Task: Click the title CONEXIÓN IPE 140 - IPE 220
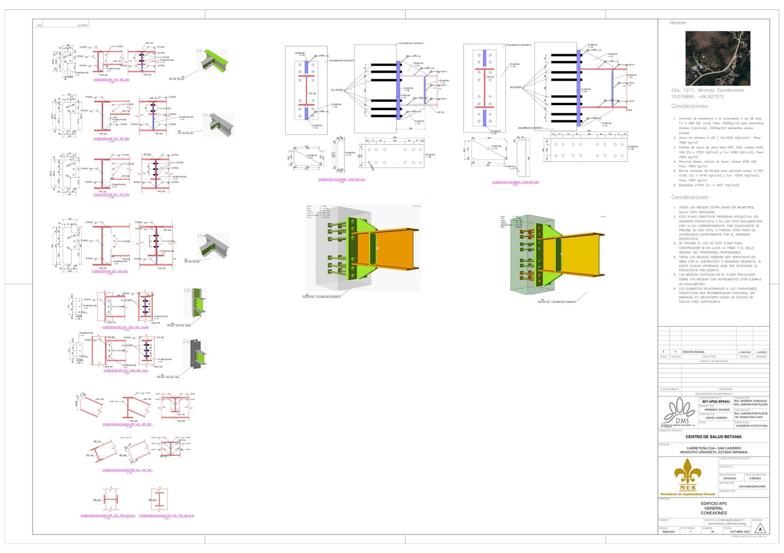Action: [111, 80]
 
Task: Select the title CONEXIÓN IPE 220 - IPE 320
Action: [111, 195]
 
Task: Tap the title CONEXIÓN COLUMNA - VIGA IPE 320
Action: [342, 180]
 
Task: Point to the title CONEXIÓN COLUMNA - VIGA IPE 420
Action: [515, 182]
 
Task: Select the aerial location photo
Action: [717, 58]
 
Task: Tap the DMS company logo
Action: [678, 412]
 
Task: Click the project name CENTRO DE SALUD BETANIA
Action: [713, 437]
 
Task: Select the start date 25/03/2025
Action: [730, 479]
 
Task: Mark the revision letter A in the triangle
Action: [760, 530]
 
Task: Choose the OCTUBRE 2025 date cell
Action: [740, 531]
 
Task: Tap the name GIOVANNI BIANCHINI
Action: [752, 486]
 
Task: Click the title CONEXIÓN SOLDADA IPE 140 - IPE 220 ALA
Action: [108, 515]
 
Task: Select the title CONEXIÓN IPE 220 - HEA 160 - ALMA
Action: [125, 327]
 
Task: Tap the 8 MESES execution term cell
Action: [755, 479]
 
